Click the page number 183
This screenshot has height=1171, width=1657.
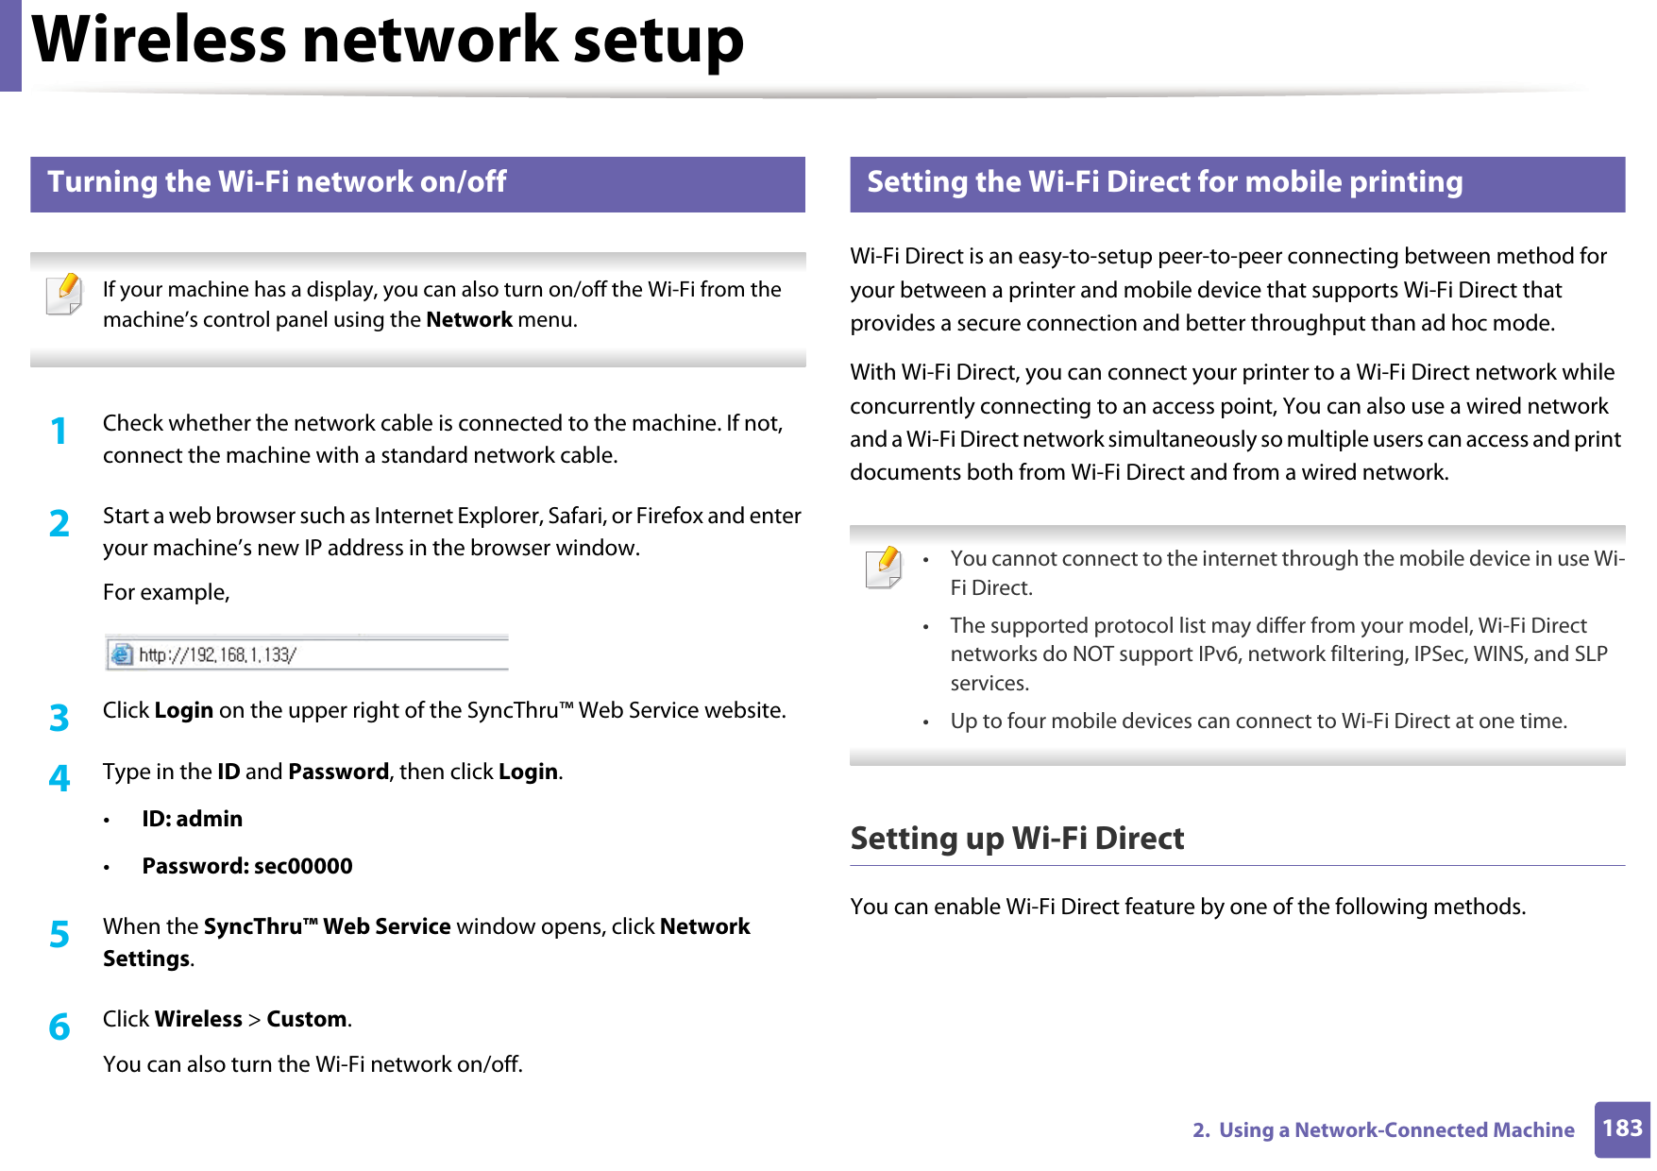1621,1129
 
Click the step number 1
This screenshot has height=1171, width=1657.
59,432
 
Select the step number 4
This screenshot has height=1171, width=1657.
59,778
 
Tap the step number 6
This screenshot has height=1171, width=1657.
59,1027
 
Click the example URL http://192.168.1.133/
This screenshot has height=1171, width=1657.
217,654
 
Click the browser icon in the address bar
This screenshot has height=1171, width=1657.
121,653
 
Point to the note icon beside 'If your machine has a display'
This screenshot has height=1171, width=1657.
64,294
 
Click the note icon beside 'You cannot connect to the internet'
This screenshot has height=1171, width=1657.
884,568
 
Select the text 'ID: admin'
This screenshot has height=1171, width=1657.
192,819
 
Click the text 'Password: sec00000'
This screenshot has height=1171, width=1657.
247,866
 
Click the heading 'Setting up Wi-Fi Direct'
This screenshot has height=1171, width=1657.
1017,839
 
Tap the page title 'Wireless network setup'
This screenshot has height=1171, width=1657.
388,41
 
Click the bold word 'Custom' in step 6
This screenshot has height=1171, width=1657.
307,1019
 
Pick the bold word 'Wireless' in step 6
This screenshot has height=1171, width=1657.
198,1019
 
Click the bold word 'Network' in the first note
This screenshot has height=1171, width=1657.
468,319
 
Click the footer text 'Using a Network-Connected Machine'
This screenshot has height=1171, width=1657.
1395,1129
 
